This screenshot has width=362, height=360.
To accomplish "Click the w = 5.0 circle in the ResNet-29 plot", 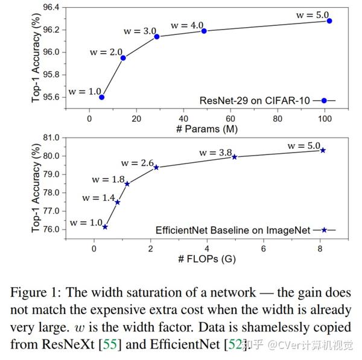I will [329, 21].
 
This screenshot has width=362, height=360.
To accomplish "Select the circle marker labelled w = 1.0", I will [102, 97].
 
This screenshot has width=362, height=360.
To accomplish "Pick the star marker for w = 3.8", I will [235, 157].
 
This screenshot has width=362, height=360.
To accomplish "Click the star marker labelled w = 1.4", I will [117, 203].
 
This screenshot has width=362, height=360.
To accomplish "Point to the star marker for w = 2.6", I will [156, 167].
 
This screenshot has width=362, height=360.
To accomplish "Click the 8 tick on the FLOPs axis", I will [320, 249].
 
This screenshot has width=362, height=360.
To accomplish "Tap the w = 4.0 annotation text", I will [187, 25].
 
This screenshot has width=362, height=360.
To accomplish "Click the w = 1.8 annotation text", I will [109, 179].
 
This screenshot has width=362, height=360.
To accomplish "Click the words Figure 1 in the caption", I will [39, 292].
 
